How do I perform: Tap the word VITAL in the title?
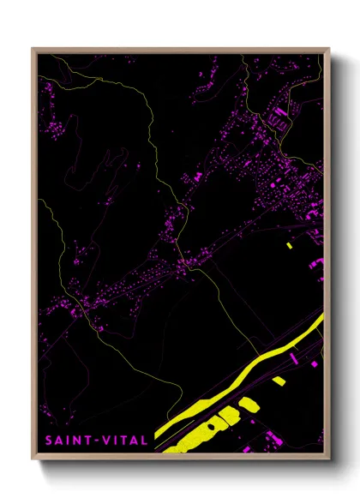[123, 440]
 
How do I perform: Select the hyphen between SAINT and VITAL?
[95, 440]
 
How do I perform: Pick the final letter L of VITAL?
[143, 440]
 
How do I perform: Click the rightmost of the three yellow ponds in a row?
[249, 403]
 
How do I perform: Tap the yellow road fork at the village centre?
[184, 264]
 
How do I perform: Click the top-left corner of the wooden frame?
[33, 49]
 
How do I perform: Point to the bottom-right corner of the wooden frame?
[329, 457]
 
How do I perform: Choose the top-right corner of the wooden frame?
[329, 49]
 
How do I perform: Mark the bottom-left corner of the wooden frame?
[33, 457]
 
